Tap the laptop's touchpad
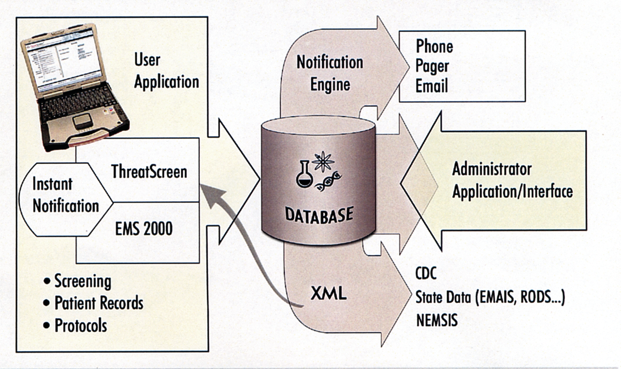tap(82, 122)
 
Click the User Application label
tap(166, 71)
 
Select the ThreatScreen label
tap(149, 172)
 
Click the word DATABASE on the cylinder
tap(320, 214)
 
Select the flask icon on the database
tap(304, 175)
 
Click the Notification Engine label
tap(330, 73)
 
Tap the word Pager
tap(432, 66)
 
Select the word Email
tap(431, 86)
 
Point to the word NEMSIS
tap(437, 320)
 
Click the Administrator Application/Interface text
tap(512, 180)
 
